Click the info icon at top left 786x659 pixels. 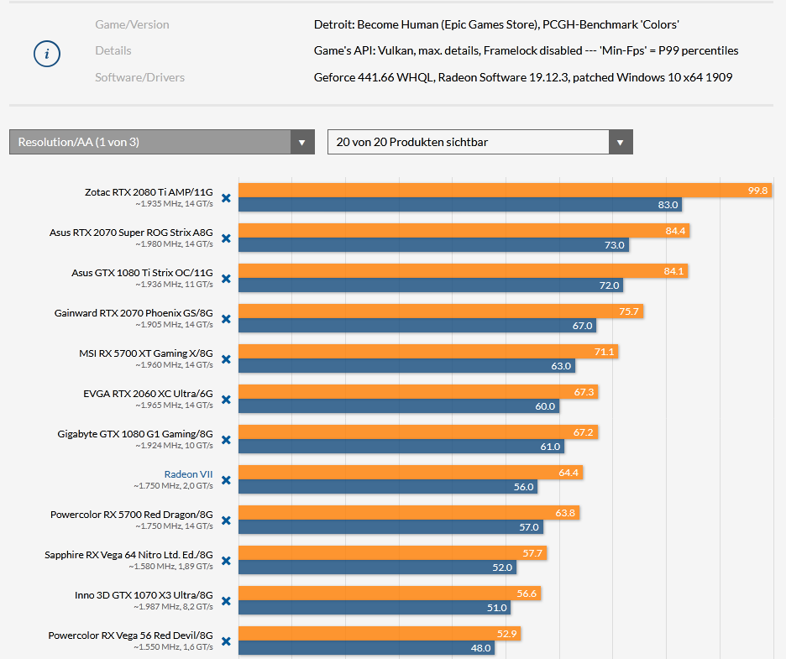47,55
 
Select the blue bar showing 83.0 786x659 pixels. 459,204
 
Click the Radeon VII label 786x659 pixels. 188,474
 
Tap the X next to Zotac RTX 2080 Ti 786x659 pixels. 226,198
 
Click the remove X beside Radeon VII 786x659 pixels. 226,480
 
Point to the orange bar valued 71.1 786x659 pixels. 428,352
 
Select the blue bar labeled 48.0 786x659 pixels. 367,647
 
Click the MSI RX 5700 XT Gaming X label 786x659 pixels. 146,353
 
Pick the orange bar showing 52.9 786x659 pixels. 380,634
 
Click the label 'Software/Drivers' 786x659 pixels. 139,77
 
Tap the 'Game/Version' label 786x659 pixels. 132,24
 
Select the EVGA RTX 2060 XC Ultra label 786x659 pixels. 148,394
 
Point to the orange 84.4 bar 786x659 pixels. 464,231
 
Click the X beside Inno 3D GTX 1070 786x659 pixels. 226,601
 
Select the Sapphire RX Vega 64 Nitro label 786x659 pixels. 128,555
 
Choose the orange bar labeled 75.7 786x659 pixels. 441,311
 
